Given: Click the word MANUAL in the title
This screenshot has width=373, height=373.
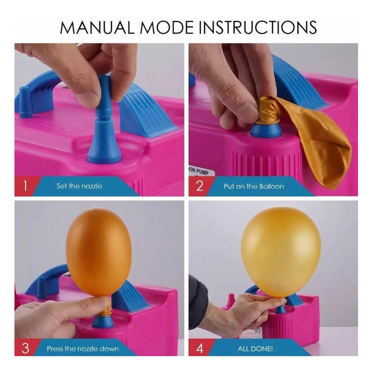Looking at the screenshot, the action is point(97,28).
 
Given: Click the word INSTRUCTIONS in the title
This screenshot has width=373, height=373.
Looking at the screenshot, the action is point(258,28).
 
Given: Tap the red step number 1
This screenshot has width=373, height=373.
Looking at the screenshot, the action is point(25,186).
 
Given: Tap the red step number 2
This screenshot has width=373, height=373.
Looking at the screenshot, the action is point(200,186).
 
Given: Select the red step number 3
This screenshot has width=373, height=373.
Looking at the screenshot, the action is point(25,348).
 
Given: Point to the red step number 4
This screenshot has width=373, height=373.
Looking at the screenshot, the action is point(200,348).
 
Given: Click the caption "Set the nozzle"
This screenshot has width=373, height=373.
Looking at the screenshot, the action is point(79,186).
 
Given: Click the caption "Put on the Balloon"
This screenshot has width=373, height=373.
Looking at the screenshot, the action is point(254,186).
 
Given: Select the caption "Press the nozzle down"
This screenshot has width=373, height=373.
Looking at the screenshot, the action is point(83,349).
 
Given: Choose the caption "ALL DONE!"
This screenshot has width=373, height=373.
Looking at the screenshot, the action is point(255,349).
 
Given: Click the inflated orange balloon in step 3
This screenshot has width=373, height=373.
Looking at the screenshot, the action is point(98,252).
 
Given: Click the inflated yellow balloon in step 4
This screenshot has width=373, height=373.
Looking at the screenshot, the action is point(281,252).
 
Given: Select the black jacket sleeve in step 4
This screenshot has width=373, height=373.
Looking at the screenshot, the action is point(198,302).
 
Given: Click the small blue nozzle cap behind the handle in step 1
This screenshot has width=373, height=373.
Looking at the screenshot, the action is point(25,102).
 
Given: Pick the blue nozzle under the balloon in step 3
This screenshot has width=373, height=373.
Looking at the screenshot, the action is point(103,321).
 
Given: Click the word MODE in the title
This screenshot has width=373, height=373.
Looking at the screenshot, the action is point(166,28).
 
